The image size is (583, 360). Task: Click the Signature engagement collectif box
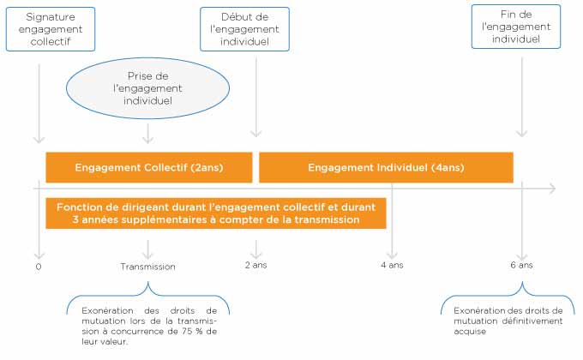point(51,29)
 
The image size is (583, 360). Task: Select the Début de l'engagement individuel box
point(244,29)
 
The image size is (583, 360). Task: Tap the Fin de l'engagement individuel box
point(516,27)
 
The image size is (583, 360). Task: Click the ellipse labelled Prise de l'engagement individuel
point(147,88)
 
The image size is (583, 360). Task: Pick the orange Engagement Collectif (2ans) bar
point(149,167)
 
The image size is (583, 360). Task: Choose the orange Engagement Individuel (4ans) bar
point(386,167)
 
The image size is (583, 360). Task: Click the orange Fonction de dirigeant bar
point(216,213)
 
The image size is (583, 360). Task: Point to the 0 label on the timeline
point(39,267)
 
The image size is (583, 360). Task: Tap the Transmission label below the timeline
point(147,267)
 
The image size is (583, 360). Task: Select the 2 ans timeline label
point(255,265)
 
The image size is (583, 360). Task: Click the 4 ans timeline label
point(392,265)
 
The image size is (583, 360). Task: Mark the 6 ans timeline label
point(521,265)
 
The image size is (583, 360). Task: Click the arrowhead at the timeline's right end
point(553,189)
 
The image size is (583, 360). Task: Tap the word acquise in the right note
point(470,332)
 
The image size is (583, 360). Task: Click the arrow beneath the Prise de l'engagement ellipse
point(148,134)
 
